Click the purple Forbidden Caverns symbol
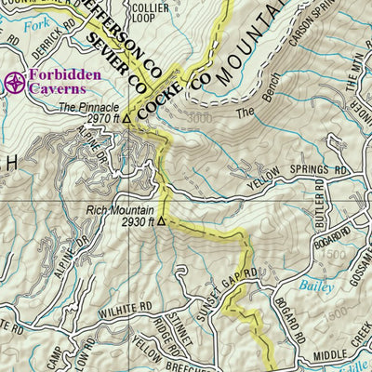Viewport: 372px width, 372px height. (14, 83)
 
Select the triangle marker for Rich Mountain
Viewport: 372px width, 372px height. (161, 222)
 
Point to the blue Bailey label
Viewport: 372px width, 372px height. (316, 287)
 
